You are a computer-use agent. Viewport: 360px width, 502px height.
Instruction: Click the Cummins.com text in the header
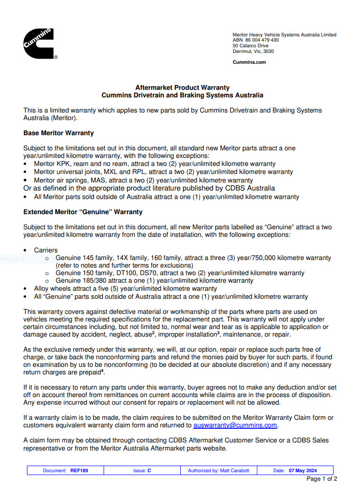click(x=249, y=62)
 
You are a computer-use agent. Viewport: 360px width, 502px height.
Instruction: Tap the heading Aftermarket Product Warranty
click(x=182, y=87)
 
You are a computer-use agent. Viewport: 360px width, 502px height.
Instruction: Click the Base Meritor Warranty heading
click(x=59, y=133)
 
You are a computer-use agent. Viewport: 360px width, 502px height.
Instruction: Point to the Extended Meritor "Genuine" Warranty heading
click(x=83, y=212)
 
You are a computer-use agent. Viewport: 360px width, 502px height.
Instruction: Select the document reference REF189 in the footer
click(x=79, y=471)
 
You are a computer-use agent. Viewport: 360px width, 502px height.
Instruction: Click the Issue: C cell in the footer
click(x=142, y=471)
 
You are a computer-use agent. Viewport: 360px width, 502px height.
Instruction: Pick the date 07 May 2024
click(x=303, y=471)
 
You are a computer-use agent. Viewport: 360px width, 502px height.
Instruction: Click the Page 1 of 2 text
click(x=322, y=479)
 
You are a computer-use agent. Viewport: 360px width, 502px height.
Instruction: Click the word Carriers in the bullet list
click(x=46, y=250)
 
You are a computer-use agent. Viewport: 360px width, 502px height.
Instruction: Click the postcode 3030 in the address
click(x=268, y=52)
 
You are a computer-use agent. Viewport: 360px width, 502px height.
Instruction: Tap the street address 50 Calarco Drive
click(x=251, y=46)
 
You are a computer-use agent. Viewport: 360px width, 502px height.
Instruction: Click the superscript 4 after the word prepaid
click(x=103, y=371)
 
